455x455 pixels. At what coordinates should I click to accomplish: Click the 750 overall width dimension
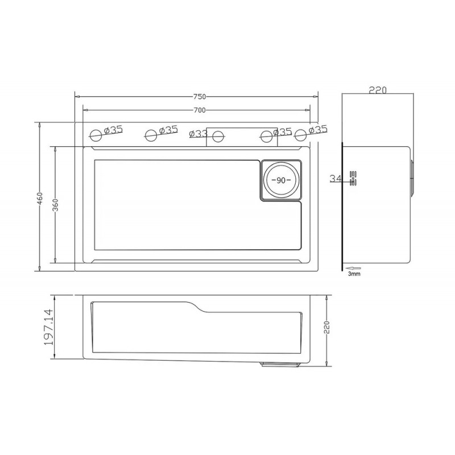point(199,96)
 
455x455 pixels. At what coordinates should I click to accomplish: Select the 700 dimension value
point(199,110)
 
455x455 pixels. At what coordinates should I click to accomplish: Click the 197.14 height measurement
point(48,326)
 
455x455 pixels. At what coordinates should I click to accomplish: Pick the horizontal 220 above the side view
point(378,90)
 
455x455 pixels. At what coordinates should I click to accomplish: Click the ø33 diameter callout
point(198,134)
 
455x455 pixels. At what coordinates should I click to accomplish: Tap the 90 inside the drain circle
point(281,180)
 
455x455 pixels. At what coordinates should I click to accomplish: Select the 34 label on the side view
point(336,179)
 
